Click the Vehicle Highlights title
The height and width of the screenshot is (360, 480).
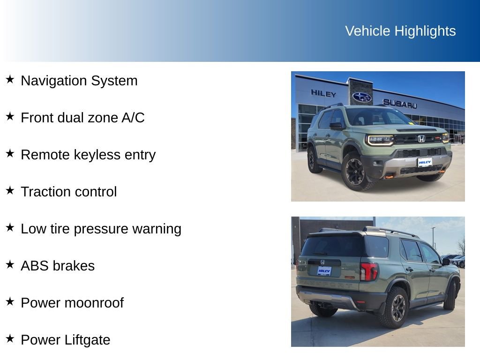point(400,31)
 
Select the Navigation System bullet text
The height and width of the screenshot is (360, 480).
point(79,81)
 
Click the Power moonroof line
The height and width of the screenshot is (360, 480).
point(72,303)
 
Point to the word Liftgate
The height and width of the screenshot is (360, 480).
point(88,340)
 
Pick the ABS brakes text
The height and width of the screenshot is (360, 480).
point(57,266)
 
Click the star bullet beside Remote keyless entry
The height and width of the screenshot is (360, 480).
point(10,153)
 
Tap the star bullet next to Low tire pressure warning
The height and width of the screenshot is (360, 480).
point(10,227)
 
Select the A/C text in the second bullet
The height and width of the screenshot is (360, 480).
point(133,118)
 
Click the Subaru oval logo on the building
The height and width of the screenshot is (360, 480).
point(361,97)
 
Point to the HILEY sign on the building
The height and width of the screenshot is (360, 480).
point(323,93)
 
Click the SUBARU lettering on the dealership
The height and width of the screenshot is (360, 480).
point(399,104)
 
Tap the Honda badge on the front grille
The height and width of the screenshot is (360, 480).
point(421,139)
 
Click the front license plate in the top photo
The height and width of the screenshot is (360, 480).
point(425,162)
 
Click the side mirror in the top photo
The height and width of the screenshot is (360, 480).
point(336,126)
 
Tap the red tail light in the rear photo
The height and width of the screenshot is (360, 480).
point(368,271)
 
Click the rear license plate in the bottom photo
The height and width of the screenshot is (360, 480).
point(324,271)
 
